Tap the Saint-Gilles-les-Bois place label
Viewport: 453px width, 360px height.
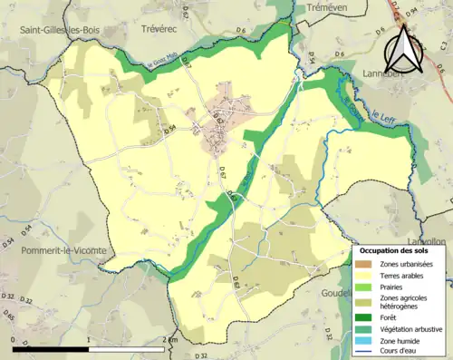[59, 30]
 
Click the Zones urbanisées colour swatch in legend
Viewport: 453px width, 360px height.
[366, 264]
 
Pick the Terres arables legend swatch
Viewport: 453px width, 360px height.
[366, 276]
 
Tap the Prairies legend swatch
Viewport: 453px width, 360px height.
[366, 287]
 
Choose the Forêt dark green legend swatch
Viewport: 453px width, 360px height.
[366, 317]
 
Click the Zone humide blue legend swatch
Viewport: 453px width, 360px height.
[366, 341]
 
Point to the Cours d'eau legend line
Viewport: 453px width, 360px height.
[366, 352]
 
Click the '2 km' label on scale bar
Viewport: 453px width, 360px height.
[173, 339]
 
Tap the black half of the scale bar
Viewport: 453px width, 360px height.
[50, 348]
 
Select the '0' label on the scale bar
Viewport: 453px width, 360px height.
[13, 339]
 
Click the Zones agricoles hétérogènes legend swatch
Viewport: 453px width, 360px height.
[366, 303]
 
